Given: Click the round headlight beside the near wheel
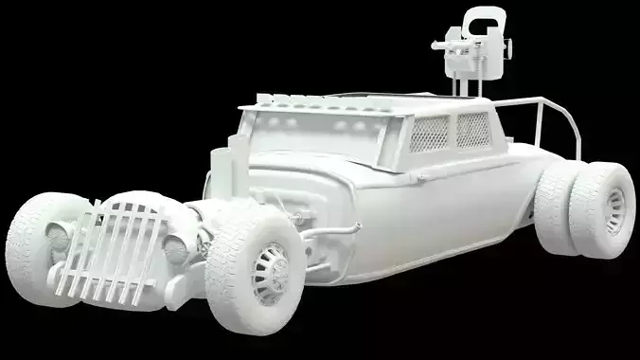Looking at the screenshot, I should pos(175,248).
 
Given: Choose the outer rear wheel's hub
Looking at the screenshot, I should pos(615,209).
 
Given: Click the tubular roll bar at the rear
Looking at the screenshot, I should pos(549,123).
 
